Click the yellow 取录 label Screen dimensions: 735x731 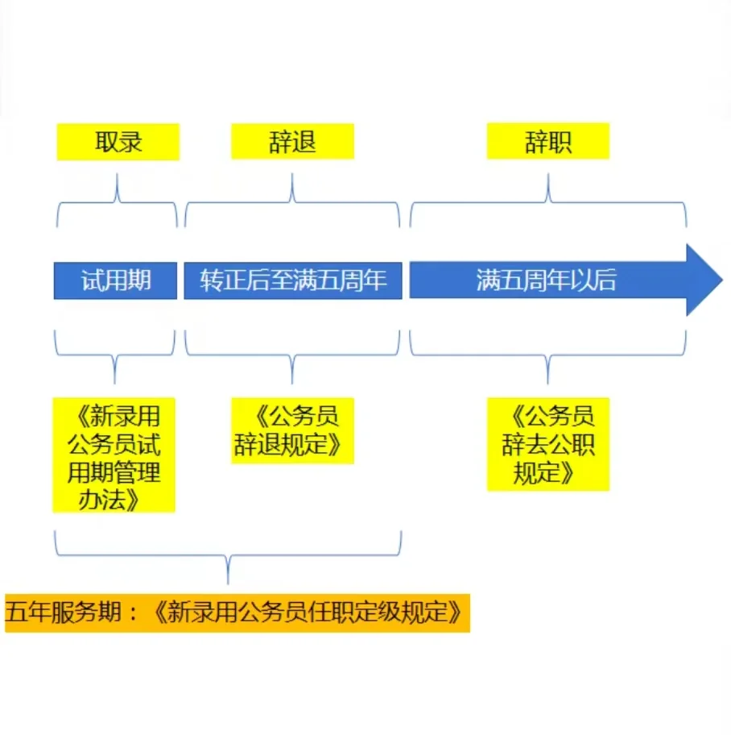click(118, 142)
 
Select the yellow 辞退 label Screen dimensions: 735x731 click(292, 142)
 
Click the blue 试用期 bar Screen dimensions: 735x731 click(116, 280)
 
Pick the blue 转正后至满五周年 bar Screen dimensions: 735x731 click(293, 280)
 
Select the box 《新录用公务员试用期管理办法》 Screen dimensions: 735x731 click(114, 455)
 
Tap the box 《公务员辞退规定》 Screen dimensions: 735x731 click(292, 430)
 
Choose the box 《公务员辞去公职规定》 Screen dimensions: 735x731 click(547, 443)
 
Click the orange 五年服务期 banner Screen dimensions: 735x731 click(237, 613)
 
